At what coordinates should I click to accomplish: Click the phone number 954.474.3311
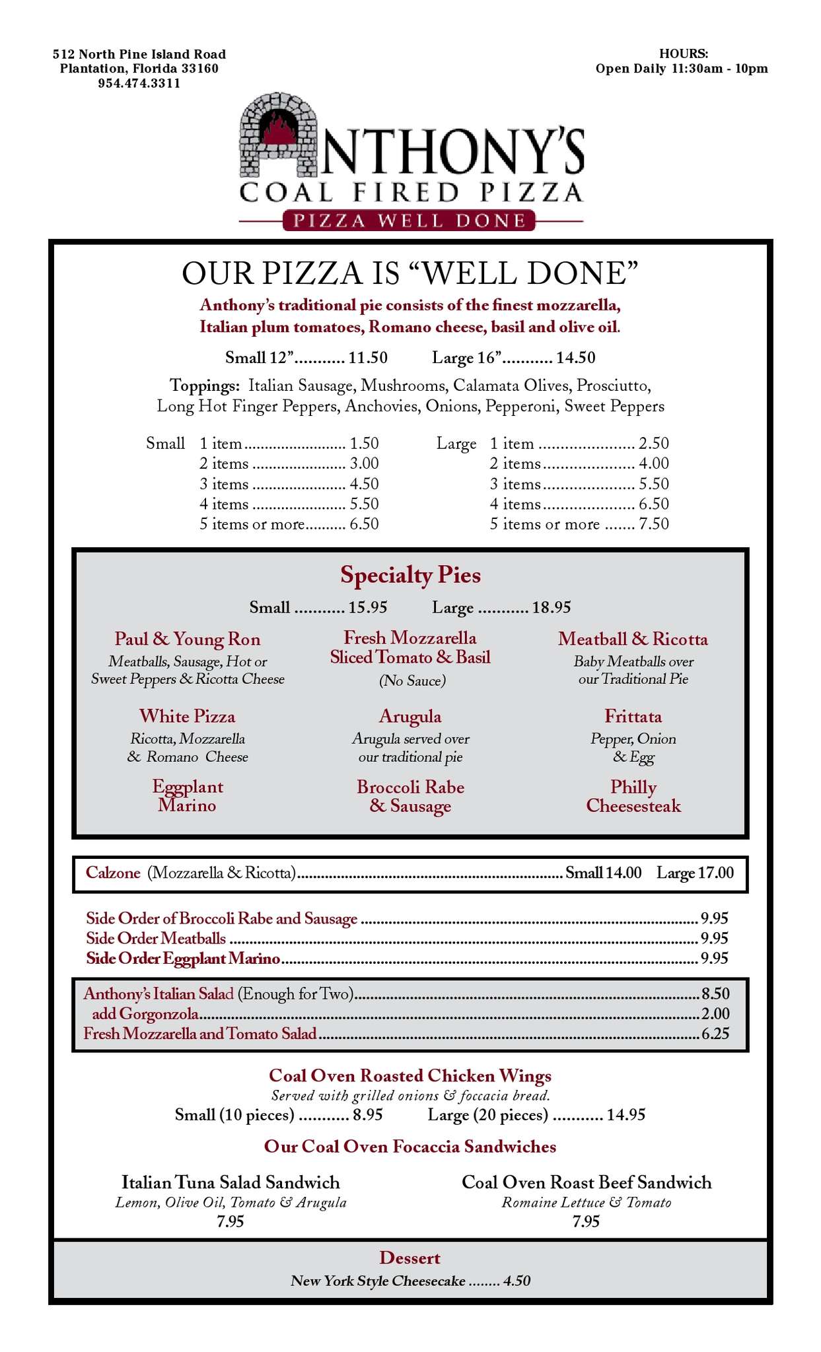coord(139,83)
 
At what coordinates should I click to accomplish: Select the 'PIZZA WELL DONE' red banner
coord(410,220)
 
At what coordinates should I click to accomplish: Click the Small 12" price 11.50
coord(368,358)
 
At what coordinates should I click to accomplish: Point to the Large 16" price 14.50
coord(576,358)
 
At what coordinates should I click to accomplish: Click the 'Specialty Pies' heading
coord(410,575)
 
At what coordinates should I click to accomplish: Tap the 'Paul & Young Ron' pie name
coord(188,639)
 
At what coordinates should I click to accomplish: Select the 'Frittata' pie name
coord(633,716)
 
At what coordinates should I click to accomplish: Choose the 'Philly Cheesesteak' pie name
coord(633,796)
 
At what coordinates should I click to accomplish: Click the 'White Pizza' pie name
coord(188,716)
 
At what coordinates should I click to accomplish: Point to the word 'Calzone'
coord(113,873)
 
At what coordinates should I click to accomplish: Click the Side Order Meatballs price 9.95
coord(715,938)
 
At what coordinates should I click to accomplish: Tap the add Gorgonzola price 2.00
coord(715,1013)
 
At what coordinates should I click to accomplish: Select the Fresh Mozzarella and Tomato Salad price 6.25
coord(715,1034)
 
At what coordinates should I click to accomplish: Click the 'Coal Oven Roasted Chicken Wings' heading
coord(410,1076)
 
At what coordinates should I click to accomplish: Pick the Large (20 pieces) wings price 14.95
coord(626,1115)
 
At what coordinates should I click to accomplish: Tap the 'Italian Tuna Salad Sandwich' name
coord(231,1182)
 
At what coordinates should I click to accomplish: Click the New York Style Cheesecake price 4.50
coord(517,1281)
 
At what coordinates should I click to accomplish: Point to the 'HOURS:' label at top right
coord(684,54)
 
